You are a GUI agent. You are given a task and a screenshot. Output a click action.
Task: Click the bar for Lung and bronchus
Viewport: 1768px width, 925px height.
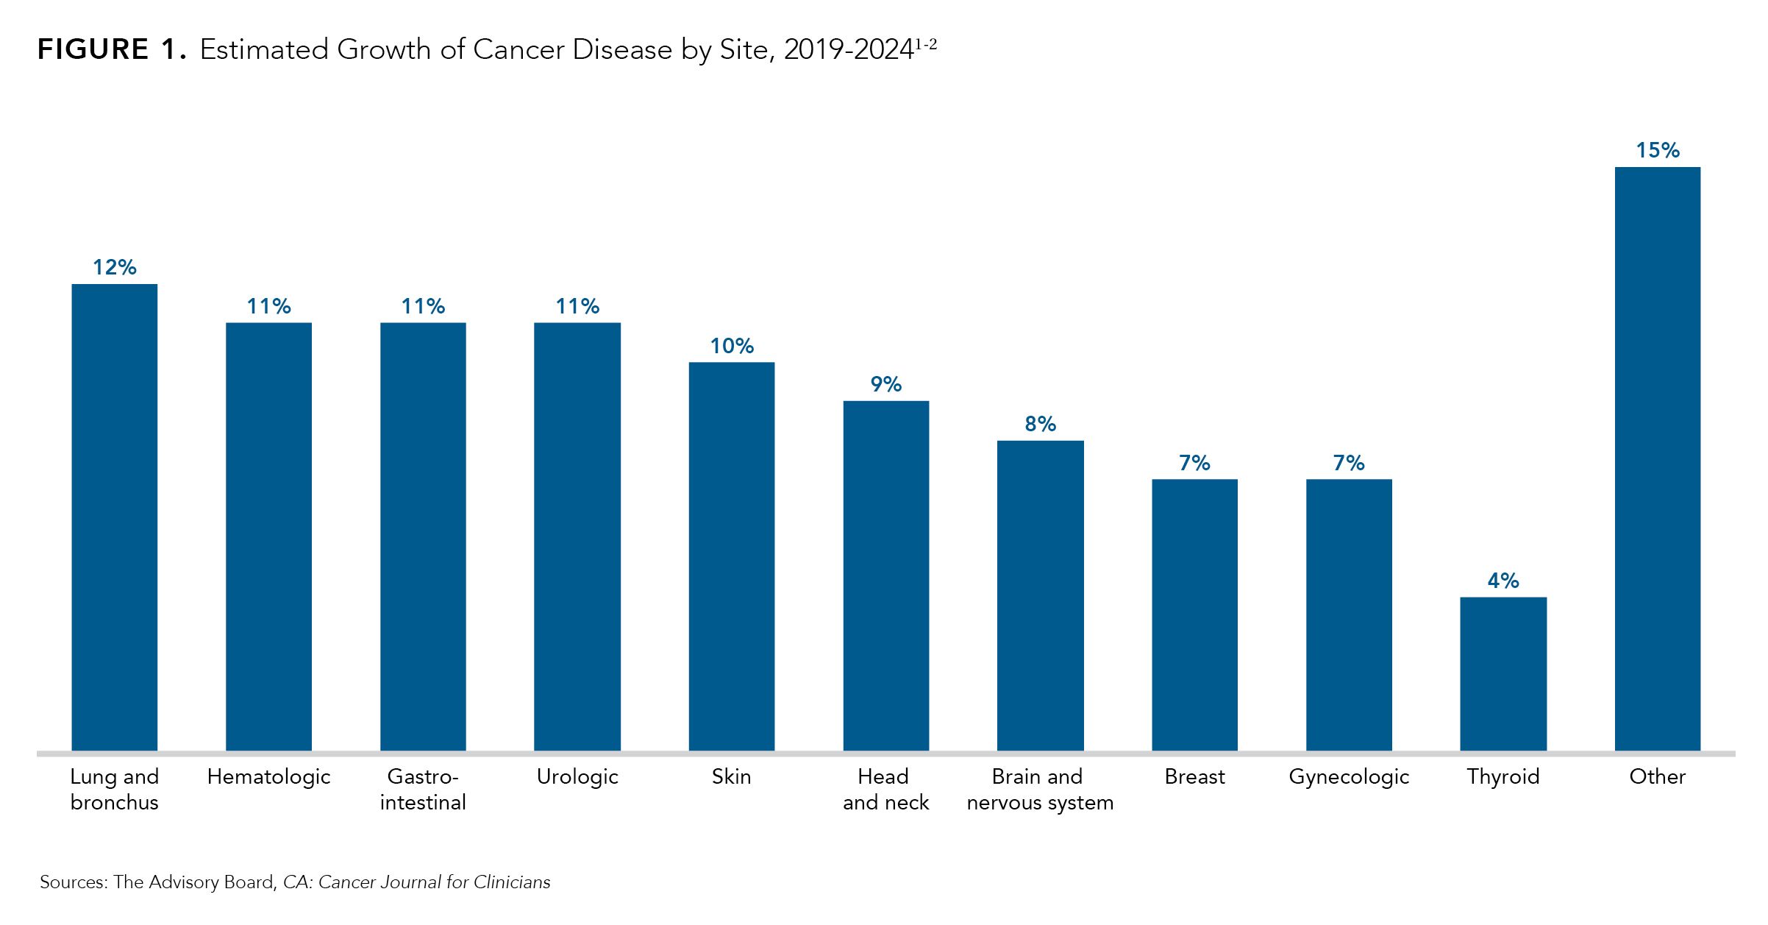pyautogui.click(x=114, y=517)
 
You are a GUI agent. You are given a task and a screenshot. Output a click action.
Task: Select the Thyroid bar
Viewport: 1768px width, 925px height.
pyautogui.click(x=1503, y=673)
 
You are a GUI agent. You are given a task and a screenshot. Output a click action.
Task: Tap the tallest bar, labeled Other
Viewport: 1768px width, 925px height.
pyautogui.click(x=1657, y=458)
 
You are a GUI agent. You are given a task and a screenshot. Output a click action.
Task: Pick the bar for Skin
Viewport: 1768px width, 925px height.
pyautogui.click(x=731, y=556)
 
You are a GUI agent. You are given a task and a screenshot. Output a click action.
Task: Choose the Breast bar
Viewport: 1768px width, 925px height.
pyautogui.click(x=1194, y=614)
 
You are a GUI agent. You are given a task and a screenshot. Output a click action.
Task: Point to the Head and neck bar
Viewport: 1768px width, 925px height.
pyautogui.click(x=885, y=575)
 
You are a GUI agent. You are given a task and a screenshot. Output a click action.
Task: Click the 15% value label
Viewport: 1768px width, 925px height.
pyautogui.click(x=1657, y=151)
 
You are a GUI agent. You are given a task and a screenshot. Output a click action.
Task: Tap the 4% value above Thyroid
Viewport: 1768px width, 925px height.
pyautogui.click(x=1503, y=581)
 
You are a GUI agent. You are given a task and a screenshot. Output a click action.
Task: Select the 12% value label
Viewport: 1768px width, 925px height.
pyautogui.click(x=114, y=267)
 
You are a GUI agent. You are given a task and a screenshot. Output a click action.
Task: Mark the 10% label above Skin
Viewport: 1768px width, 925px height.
pyautogui.click(x=731, y=346)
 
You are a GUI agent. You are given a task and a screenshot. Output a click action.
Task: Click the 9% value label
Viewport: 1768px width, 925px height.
pyautogui.click(x=885, y=384)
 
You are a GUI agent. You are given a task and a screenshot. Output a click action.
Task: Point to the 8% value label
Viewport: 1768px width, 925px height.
pyautogui.click(x=1040, y=424)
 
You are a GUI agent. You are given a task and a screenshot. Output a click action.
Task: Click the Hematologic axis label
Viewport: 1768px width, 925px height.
pyautogui.click(x=268, y=777)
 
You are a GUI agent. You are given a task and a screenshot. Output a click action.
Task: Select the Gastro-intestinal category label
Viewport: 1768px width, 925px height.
pyautogui.click(x=423, y=789)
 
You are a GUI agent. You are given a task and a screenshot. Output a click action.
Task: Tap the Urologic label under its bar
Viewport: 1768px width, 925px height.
pyautogui.click(x=577, y=777)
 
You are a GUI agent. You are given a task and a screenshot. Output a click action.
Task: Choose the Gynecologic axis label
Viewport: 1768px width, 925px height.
pyautogui.click(x=1349, y=777)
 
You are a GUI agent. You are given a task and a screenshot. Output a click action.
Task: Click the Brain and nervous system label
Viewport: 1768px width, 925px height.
pyautogui.click(x=1040, y=789)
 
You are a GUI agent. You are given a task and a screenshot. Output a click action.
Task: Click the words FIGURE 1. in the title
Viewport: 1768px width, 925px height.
pyautogui.click(x=111, y=50)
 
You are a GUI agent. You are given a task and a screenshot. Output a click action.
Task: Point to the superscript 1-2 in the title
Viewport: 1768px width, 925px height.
pyautogui.click(x=926, y=44)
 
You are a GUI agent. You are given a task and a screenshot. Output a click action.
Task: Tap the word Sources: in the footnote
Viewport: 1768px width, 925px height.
pyautogui.click(x=74, y=882)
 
